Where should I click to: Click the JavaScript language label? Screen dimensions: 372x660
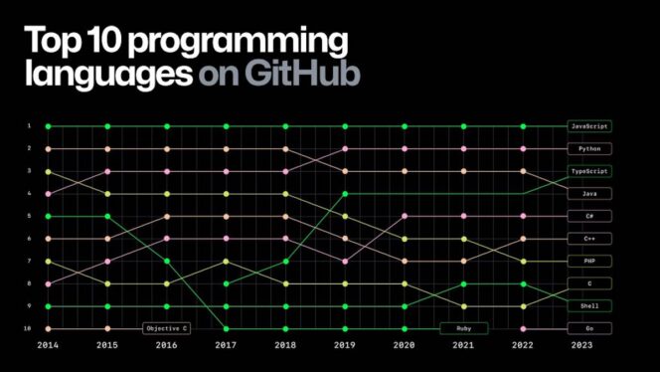589,126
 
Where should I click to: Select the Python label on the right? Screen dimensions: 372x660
589,148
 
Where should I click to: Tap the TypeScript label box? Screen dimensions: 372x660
589,171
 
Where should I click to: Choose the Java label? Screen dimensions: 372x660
589,193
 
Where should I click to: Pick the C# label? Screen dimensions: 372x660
589,216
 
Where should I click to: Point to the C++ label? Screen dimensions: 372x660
589,239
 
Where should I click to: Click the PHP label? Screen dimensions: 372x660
589,261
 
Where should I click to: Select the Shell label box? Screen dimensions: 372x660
589,305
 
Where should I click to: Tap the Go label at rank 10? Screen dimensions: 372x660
589,328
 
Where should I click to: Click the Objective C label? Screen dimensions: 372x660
167,328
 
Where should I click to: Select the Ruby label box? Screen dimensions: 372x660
463,328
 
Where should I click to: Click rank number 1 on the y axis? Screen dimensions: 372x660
30,126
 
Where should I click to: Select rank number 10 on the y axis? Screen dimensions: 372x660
30,328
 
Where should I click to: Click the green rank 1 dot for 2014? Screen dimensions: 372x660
47,126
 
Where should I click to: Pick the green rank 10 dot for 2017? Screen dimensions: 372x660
227,328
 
